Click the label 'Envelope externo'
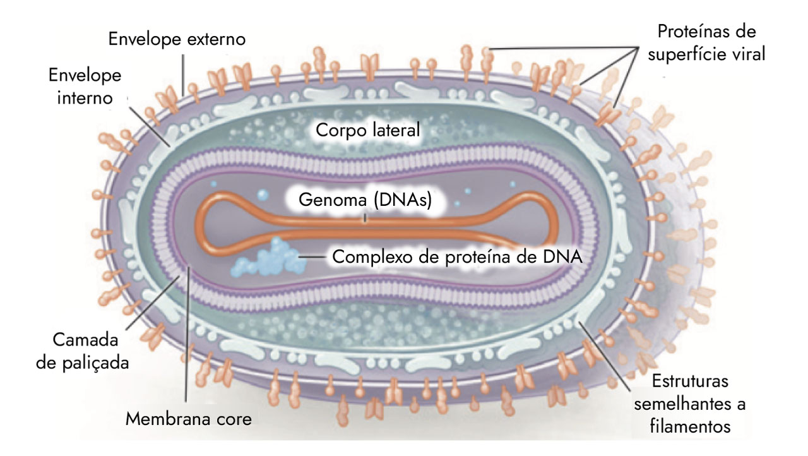tap(177, 39)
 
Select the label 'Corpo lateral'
tap(367, 131)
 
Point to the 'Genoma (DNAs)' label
tap(365, 201)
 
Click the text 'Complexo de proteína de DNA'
tap(456, 257)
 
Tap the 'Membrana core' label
tap(189, 418)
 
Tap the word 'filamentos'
tap(690, 426)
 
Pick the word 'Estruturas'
tap(690, 382)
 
